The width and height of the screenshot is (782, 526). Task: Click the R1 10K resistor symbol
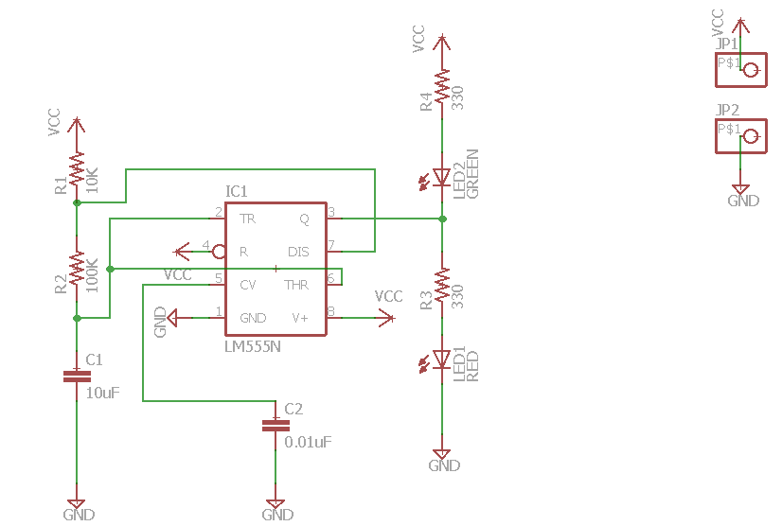point(77,171)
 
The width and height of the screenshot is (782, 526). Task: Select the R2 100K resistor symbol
point(77,272)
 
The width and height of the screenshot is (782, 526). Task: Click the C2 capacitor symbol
point(275,426)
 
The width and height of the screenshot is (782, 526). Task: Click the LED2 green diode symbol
point(441,176)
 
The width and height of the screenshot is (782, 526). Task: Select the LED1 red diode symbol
point(441,359)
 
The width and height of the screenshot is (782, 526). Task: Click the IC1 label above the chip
point(237,192)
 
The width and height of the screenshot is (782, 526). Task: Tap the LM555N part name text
point(253,346)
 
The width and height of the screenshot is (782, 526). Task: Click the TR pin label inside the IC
point(247,219)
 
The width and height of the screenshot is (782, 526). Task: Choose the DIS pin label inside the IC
point(298,252)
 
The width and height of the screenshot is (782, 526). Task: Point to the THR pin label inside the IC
point(296,284)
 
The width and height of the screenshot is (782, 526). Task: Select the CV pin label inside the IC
point(247,284)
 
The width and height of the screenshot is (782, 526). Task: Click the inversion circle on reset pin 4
point(218,252)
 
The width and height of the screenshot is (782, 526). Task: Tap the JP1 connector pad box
point(739,69)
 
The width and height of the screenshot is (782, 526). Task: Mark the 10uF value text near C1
point(103,392)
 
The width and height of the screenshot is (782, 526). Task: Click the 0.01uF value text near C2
point(309,442)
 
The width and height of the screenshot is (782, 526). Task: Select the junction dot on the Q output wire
point(442,219)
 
